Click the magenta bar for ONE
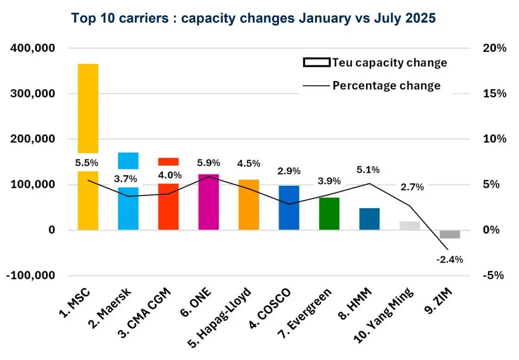click(208, 202)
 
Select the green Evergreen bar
click(329, 213)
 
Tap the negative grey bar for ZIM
click(450, 234)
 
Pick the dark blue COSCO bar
click(289, 208)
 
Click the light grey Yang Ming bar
click(410, 226)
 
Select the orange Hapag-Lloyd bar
click(249, 205)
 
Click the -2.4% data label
click(449, 259)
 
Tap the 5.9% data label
click(208, 163)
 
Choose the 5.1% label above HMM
click(369, 170)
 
